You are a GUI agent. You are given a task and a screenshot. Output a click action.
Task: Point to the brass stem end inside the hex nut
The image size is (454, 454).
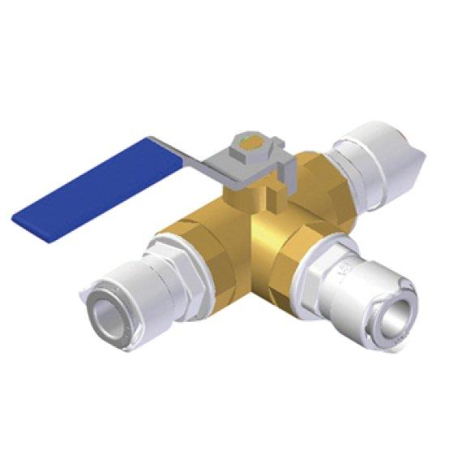(251, 147)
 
